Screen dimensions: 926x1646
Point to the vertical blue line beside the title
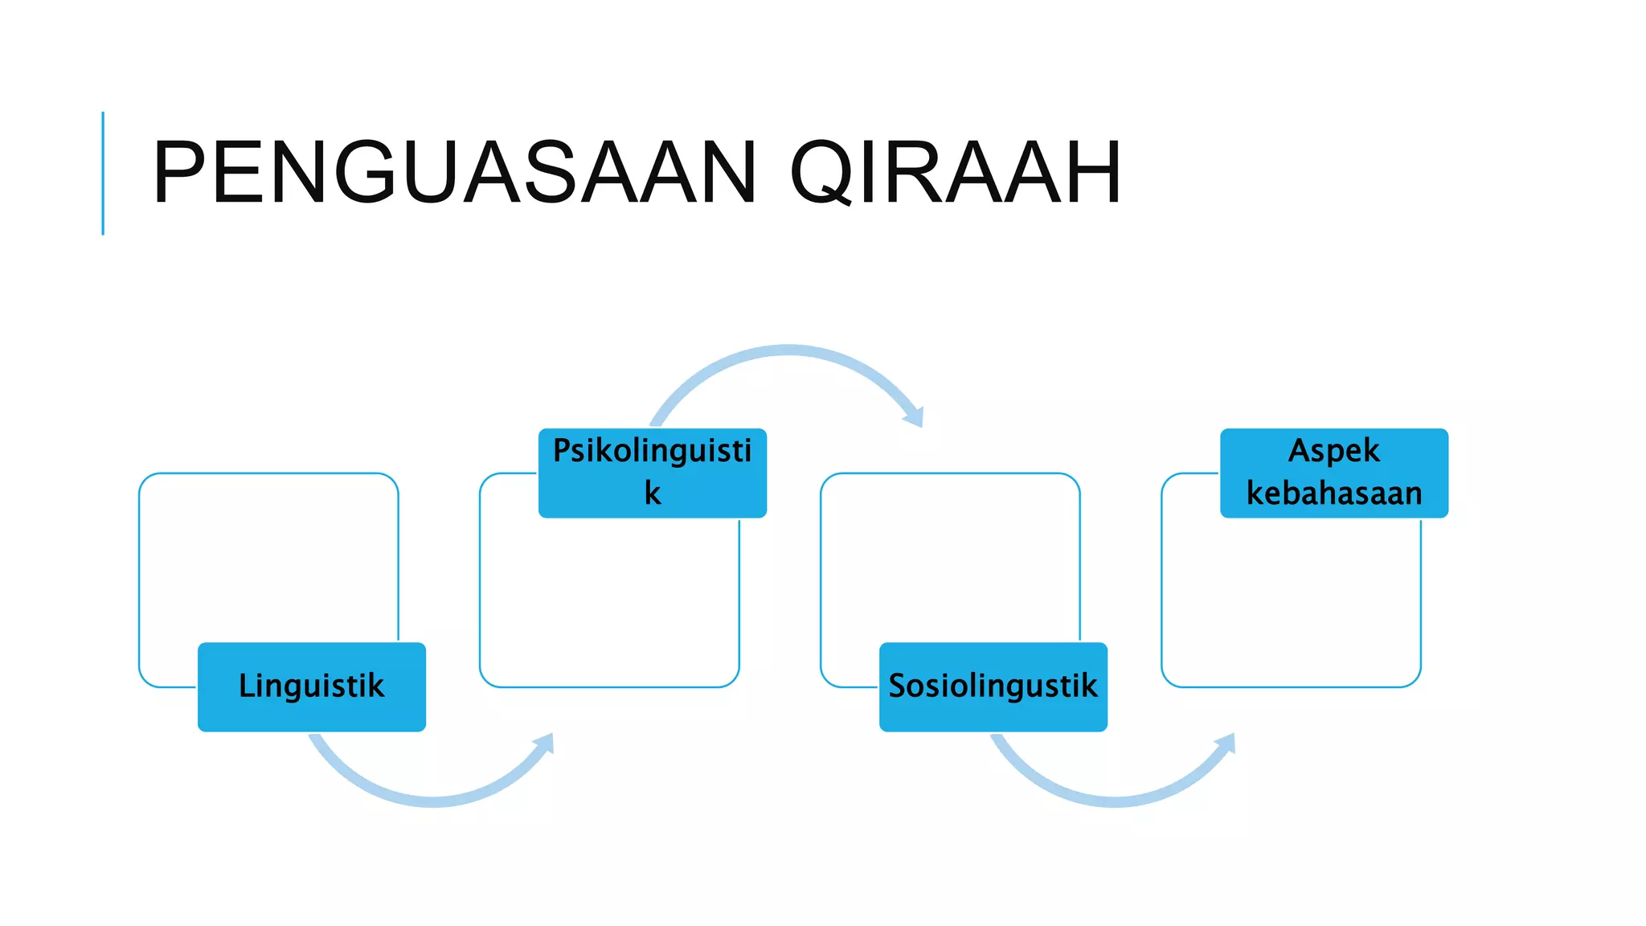103,173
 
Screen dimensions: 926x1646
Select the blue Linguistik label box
312,686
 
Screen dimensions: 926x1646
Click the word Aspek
1334,450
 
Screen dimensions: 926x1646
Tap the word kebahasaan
1334,493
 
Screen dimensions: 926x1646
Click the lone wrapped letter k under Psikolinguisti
653,493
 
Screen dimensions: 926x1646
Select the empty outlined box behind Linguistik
268,563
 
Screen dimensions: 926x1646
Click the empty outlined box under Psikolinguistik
609,603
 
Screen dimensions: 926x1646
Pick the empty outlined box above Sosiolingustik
950,563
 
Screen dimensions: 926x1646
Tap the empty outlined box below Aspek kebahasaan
1291,603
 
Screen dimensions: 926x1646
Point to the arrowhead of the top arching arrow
915,416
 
